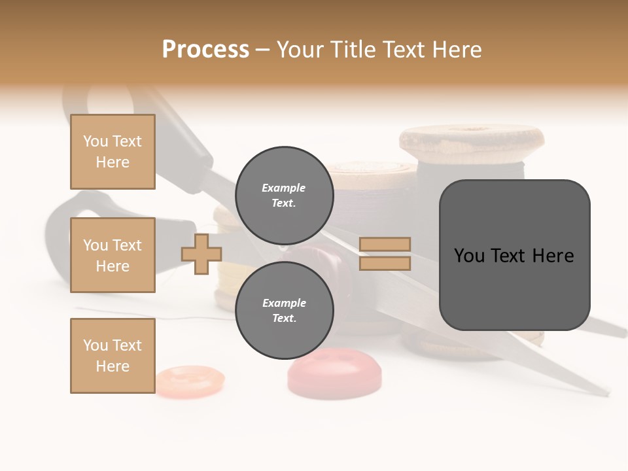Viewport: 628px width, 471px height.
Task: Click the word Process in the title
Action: (205, 50)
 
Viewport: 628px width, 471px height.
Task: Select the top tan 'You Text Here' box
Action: (113, 152)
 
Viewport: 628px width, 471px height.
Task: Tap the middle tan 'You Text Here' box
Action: (113, 255)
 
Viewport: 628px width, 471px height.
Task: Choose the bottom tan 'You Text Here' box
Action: (113, 356)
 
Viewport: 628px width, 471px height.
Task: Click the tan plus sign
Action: (201, 254)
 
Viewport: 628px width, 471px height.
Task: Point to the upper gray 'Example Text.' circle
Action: (284, 195)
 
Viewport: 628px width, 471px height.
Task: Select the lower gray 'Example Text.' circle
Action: (284, 310)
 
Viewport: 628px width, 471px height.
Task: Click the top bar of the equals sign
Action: (385, 245)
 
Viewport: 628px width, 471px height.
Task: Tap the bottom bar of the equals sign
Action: (385, 263)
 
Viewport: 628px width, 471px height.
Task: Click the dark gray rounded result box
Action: (514, 255)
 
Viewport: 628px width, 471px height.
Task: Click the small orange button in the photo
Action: (190, 379)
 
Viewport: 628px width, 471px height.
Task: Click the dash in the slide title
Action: (263, 50)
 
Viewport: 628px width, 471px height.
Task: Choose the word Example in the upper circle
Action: (284, 188)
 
